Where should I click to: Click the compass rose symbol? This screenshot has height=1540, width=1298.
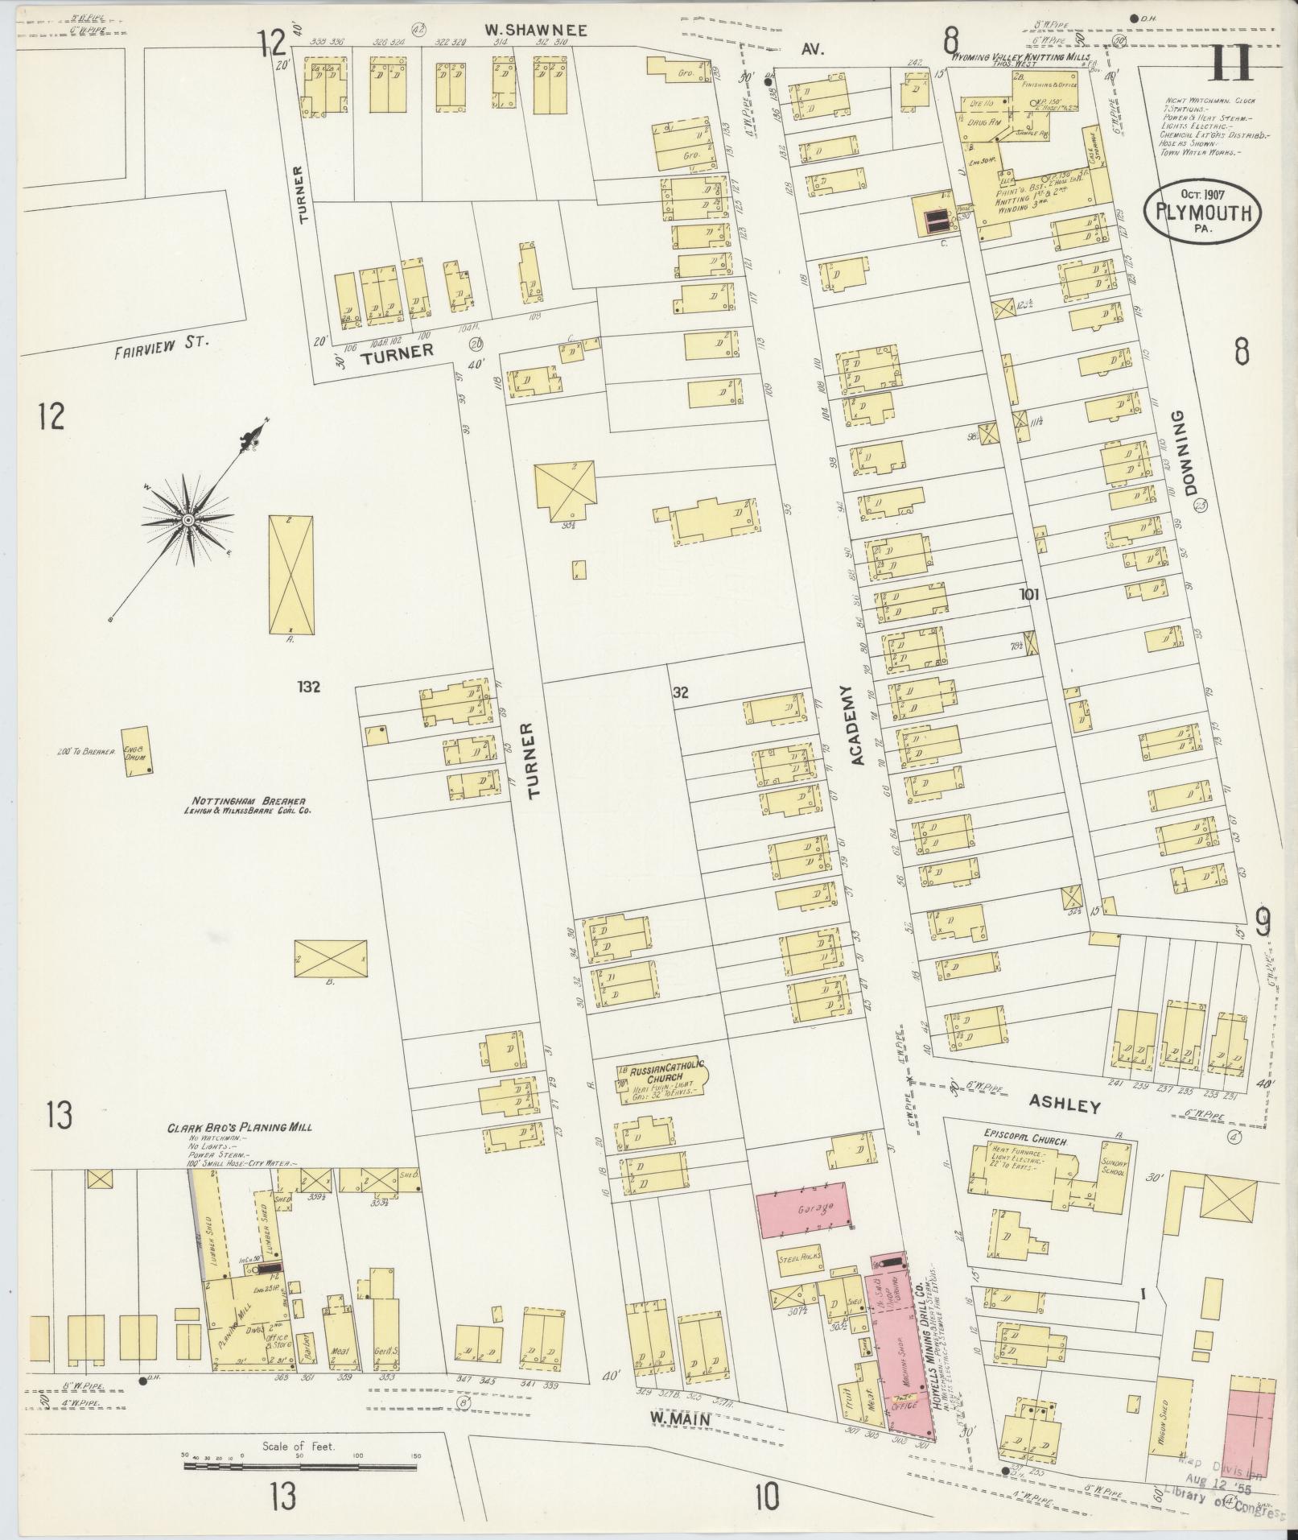point(187,519)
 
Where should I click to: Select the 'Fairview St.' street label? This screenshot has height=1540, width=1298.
point(161,341)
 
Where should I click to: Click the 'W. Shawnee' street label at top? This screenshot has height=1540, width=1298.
point(536,31)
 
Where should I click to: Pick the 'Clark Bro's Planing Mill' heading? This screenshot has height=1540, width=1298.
point(239,1127)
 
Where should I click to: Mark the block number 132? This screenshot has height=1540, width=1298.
point(308,687)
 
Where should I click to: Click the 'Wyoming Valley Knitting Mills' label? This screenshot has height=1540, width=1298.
point(1021,58)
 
